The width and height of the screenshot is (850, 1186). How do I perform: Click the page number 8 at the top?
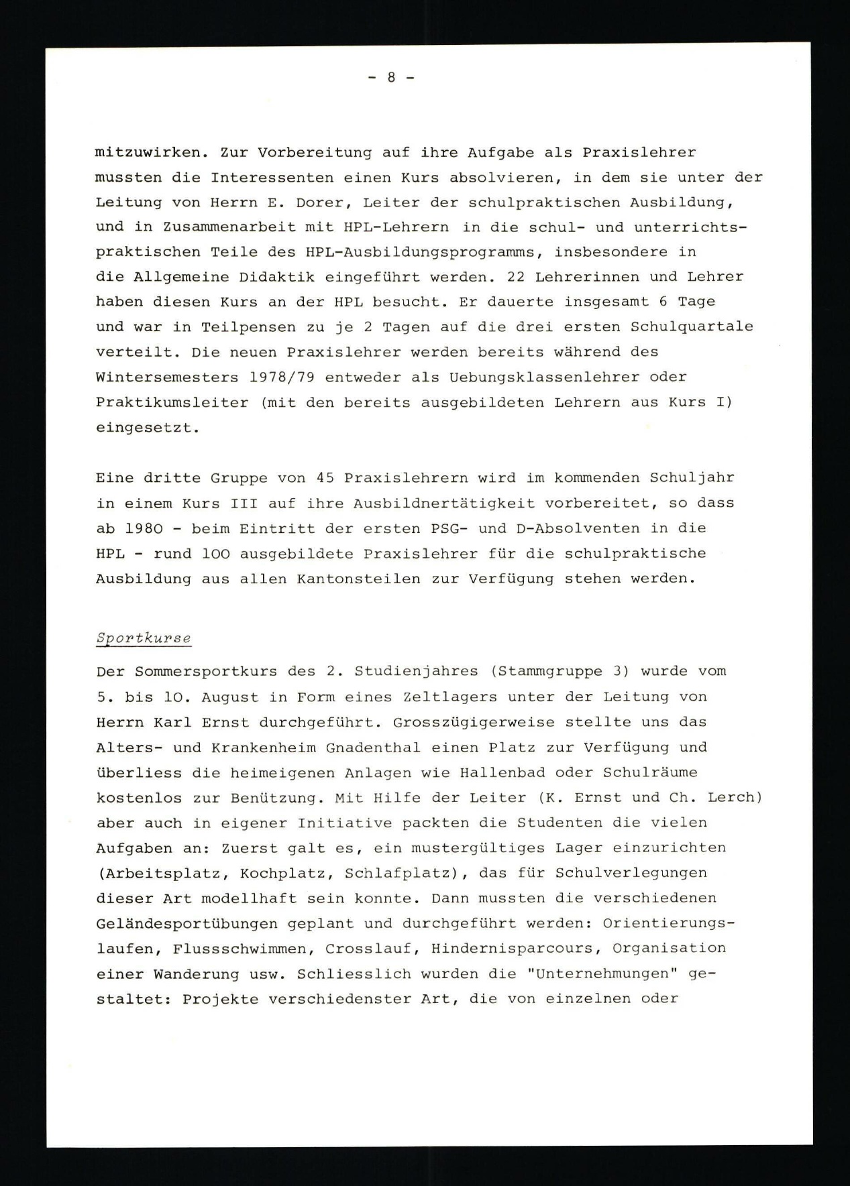[x=391, y=78]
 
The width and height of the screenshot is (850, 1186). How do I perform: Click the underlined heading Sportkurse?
[x=144, y=638]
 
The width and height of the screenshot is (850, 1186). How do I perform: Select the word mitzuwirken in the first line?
[x=148, y=152]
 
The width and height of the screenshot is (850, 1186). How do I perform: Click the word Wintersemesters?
[x=166, y=377]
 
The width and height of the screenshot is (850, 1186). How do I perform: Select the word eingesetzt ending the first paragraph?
[x=146, y=428]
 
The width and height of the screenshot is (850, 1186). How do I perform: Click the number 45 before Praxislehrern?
[x=325, y=478]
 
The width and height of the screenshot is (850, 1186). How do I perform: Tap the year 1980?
[x=144, y=528]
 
